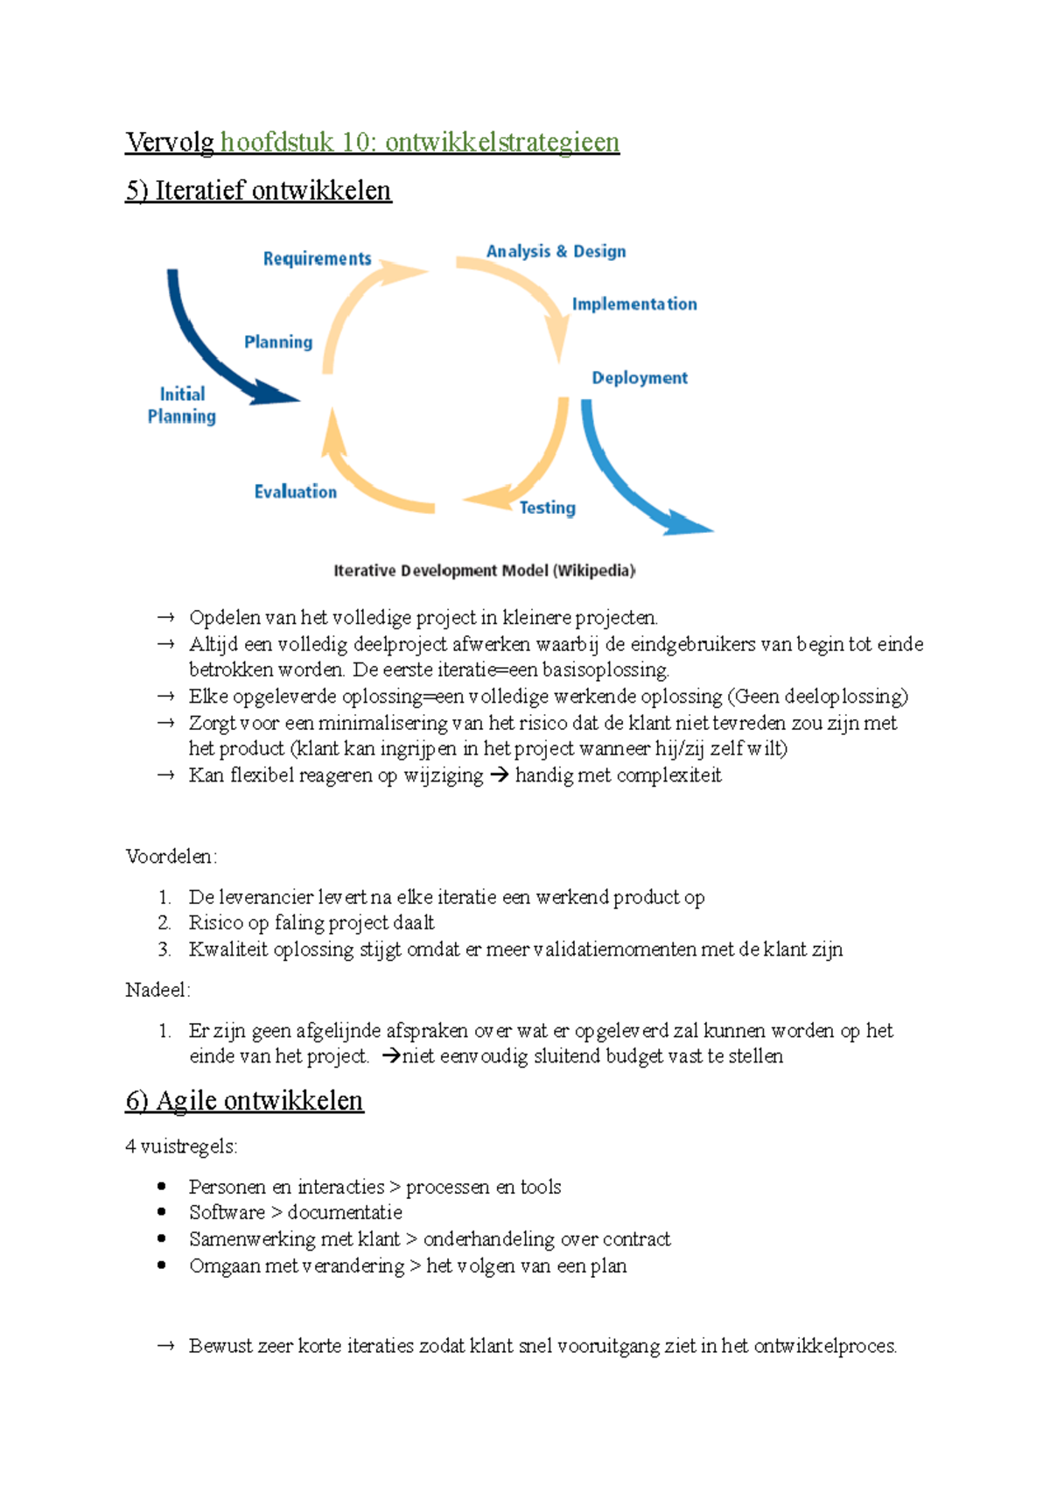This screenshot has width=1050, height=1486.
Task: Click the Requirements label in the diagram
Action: pos(317,259)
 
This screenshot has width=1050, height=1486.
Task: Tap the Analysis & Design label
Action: pos(556,252)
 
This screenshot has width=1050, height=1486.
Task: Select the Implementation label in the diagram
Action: pos(634,305)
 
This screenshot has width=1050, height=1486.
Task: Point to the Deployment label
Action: pos(640,378)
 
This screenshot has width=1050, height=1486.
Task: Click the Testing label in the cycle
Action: pos(547,508)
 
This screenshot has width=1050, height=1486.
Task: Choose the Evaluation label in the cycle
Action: pos(295,492)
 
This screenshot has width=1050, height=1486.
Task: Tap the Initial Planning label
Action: pos(182,405)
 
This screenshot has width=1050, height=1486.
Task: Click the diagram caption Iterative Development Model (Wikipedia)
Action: pos(484,571)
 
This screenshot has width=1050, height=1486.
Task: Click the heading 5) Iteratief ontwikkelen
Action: pos(258,191)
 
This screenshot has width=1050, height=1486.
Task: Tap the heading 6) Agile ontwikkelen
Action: pos(244,1100)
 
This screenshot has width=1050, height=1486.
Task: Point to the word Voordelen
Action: pos(171,857)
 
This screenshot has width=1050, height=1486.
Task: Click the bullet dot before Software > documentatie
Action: pos(162,1212)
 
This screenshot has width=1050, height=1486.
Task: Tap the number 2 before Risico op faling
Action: pos(164,922)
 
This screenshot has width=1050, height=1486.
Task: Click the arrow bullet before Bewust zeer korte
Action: pos(166,1346)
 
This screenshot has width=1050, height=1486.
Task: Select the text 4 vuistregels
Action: pos(181,1146)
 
